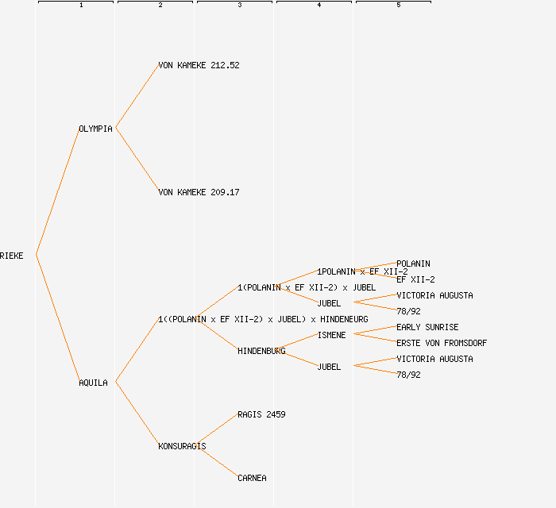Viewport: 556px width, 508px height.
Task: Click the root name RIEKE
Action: tap(12, 256)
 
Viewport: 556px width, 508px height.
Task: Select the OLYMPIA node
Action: tap(95, 129)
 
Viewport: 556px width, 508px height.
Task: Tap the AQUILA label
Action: tap(93, 383)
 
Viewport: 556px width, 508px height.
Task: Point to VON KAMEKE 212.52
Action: tap(199, 65)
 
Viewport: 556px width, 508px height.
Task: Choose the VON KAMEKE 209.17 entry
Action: tap(199, 192)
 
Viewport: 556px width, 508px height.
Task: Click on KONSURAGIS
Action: tap(182, 446)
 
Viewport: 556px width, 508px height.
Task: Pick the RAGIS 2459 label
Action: tap(261, 414)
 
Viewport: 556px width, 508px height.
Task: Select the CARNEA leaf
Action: tap(252, 478)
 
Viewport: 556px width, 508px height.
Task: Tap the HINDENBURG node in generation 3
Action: tap(261, 351)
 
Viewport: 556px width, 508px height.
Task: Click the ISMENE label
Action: tap(331, 335)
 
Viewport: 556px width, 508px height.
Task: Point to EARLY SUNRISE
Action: tap(427, 327)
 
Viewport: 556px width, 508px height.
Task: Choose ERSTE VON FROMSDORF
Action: tap(442, 343)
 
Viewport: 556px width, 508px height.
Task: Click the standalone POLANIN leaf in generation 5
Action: tap(413, 264)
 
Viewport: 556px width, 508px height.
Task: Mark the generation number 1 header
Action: tap(81, 6)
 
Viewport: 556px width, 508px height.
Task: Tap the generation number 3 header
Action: tap(240, 6)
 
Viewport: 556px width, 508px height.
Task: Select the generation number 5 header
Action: tap(399, 6)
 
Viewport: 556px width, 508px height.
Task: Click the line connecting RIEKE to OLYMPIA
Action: tap(57, 191)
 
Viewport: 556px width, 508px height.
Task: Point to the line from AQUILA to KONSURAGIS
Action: tap(137, 414)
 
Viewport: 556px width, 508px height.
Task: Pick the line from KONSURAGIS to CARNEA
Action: tap(216, 461)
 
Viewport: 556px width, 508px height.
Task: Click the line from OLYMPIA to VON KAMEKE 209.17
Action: tap(137, 160)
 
